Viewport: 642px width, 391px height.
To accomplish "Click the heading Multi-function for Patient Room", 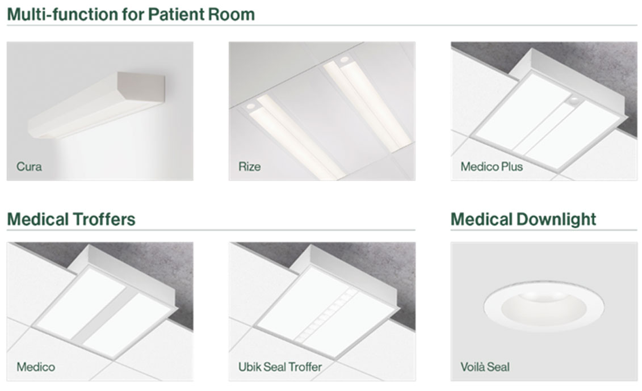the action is point(131,14).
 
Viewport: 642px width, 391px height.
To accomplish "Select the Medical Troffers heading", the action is point(72,219).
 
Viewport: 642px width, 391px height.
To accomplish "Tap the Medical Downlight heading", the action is point(523,220).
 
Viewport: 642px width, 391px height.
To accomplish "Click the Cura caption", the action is point(29,167).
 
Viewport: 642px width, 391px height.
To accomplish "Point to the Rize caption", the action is point(249,167).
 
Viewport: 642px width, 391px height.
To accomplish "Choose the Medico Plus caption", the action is point(492,167).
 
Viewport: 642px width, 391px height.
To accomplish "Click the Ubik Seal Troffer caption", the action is point(280,367).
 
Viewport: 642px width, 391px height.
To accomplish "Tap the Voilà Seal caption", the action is point(485,367).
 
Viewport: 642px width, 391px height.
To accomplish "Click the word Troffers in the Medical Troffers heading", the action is point(103,219).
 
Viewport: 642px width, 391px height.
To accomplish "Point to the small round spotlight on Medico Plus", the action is point(574,99).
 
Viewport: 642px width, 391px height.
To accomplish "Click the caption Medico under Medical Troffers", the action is point(36,367).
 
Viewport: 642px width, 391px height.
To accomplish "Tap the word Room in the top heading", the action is point(232,14).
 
